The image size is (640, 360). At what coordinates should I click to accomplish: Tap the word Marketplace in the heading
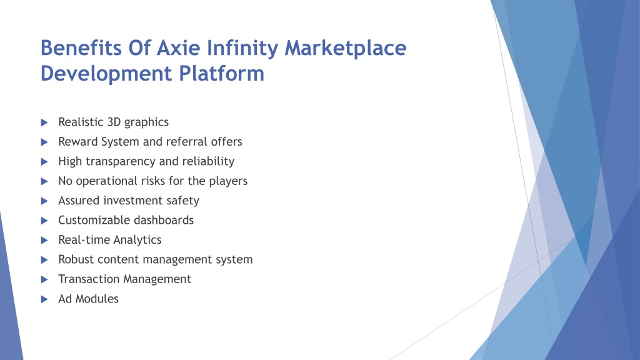(x=345, y=47)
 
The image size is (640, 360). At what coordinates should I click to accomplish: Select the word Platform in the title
(x=222, y=74)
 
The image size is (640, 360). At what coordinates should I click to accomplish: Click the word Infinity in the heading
(x=242, y=49)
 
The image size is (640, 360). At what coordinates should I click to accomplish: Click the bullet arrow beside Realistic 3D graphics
(x=44, y=122)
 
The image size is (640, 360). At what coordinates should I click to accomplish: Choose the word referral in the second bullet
(x=187, y=142)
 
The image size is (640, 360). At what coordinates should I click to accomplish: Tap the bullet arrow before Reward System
(x=44, y=142)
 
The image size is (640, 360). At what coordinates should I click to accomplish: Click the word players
(x=228, y=181)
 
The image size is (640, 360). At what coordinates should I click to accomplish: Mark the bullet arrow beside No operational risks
(x=44, y=181)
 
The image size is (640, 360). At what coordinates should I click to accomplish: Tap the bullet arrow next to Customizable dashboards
(x=44, y=221)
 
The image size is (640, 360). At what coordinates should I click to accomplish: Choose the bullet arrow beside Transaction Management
(x=44, y=279)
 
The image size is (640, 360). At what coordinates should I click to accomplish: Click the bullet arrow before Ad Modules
(x=44, y=299)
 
